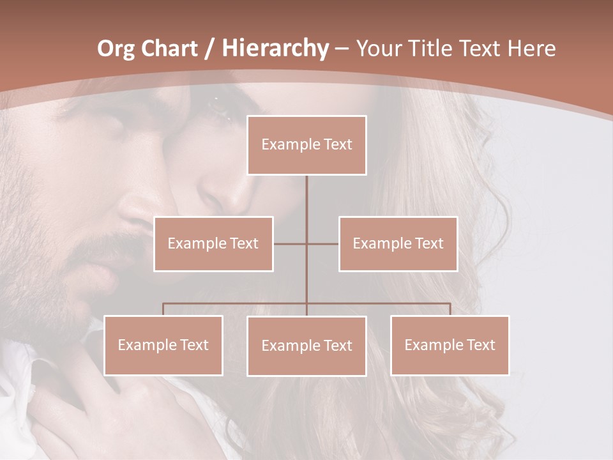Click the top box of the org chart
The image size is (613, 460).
[306, 145]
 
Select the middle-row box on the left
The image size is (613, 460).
[213, 243]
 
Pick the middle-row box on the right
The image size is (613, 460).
[398, 243]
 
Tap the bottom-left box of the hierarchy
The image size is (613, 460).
[163, 345]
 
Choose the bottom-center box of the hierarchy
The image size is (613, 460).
[306, 346]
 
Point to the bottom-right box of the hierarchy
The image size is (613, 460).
[450, 345]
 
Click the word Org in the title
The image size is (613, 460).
[117, 49]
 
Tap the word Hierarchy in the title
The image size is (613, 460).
[275, 49]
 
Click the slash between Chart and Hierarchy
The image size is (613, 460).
[209, 49]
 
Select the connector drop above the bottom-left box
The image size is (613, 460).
[163, 309]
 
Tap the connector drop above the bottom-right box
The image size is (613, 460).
[450, 309]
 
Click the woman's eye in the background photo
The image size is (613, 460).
[220, 109]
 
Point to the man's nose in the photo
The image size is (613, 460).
[137, 211]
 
